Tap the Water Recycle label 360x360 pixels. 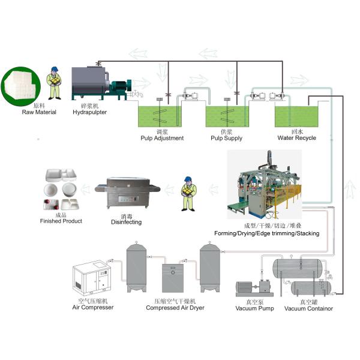[296, 138]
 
